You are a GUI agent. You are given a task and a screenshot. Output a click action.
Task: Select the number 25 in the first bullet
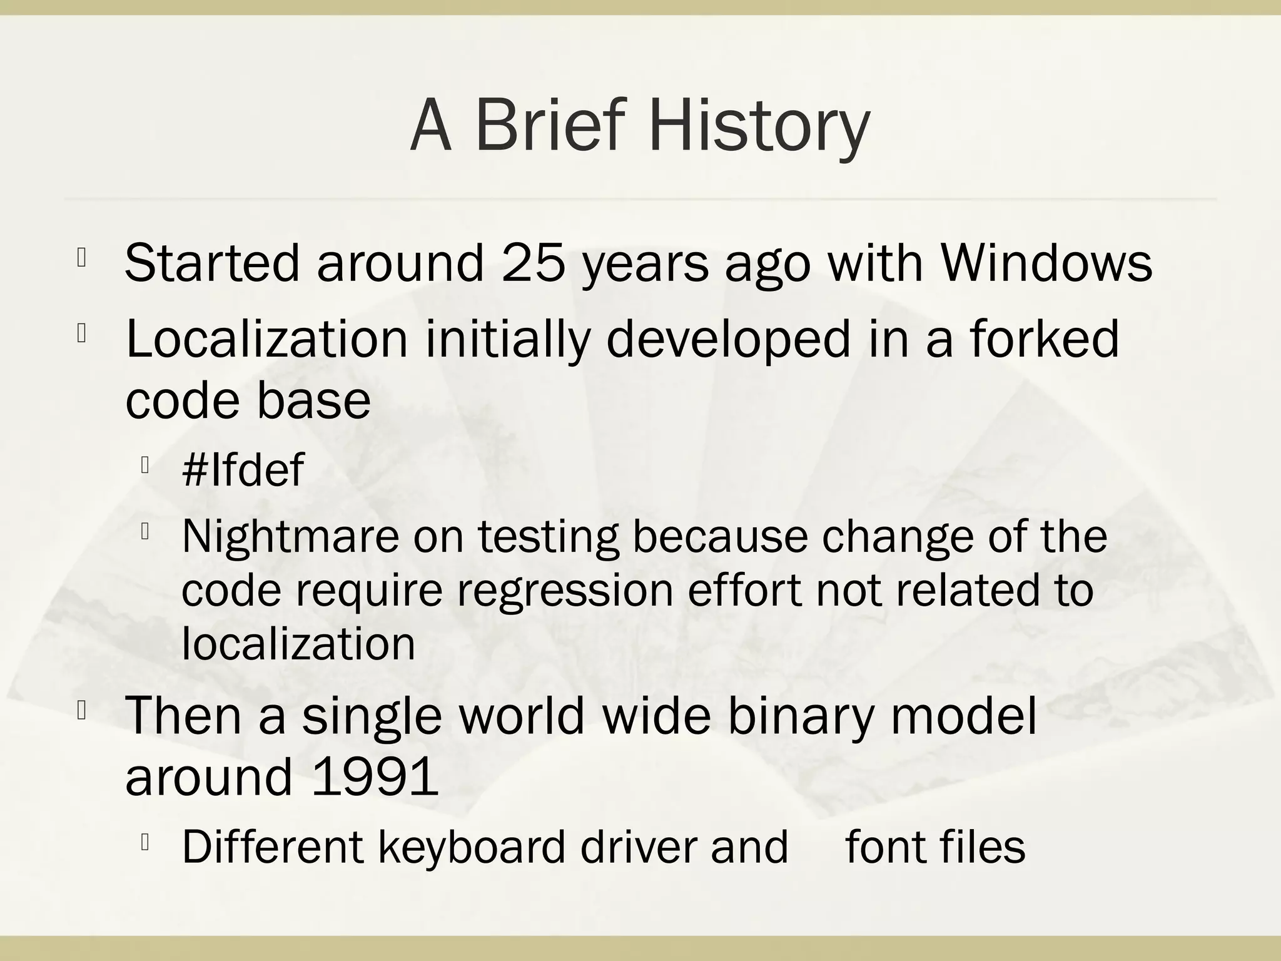point(533,263)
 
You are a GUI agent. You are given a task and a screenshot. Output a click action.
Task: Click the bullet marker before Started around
point(81,258)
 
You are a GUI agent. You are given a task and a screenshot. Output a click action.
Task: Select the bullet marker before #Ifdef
point(144,465)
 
